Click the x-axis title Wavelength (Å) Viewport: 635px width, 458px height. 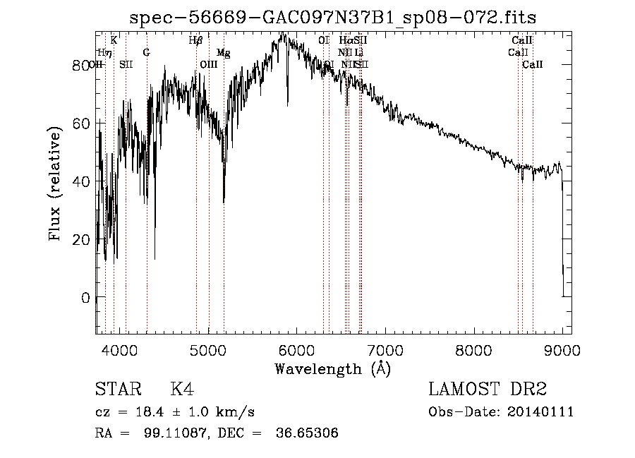pyautogui.click(x=332, y=368)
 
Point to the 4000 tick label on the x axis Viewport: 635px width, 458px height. pyautogui.click(x=119, y=349)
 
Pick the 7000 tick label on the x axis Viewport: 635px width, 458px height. pyautogui.click(x=385, y=349)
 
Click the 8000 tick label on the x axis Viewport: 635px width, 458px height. pyautogui.click(x=473, y=349)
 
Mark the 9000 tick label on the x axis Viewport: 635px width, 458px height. pyautogui.click(x=562, y=349)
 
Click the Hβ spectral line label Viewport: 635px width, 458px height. pyautogui.click(x=195, y=41)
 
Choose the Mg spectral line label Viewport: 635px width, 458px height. pyautogui.click(x=223, y=53)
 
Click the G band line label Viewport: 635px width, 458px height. pyautogui.click(x=146, y=52)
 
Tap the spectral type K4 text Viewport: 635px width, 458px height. pyautogui.click(x=183, y=390)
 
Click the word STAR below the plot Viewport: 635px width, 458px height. pyautogui.click(x=117, y=390)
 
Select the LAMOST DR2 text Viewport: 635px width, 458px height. pyautogui.click(x=488, y=390)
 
